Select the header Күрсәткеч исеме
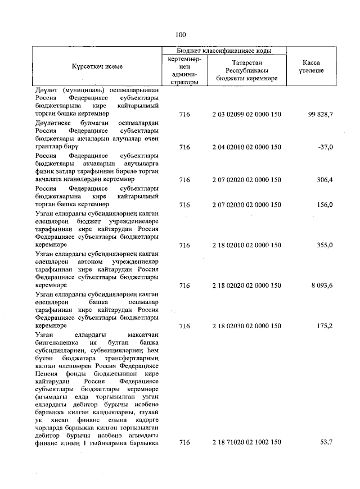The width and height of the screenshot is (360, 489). click(97, 66)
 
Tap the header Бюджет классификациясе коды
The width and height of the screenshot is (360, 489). click(224, 50)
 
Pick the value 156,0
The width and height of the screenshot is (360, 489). click(324, 205)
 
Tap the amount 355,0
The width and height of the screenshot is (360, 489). click(324, 245)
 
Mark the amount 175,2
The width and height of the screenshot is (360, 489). click(324, 325)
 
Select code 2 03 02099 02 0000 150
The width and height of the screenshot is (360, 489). click(246, 115)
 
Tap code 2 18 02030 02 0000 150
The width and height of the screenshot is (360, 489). click(246, 325)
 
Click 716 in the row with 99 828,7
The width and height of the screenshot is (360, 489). click(184, 115)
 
